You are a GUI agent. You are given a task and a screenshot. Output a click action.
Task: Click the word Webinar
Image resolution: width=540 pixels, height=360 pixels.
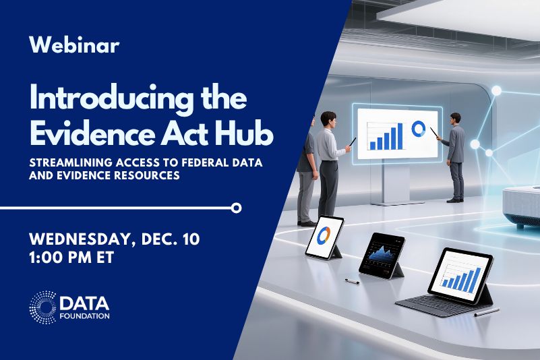pos(74,45)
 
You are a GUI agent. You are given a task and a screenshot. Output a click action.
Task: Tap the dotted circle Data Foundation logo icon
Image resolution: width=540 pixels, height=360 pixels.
pos(42,307)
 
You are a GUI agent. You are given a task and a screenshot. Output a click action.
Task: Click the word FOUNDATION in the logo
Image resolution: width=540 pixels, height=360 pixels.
pos(84,315)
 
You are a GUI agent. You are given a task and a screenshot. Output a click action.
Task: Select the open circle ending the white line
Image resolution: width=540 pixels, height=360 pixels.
pos(236,208)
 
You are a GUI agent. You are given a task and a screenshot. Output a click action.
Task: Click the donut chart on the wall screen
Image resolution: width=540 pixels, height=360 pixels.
pos(418,129)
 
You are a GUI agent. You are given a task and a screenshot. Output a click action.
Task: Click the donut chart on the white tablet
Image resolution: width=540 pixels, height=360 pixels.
pos(324,235)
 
